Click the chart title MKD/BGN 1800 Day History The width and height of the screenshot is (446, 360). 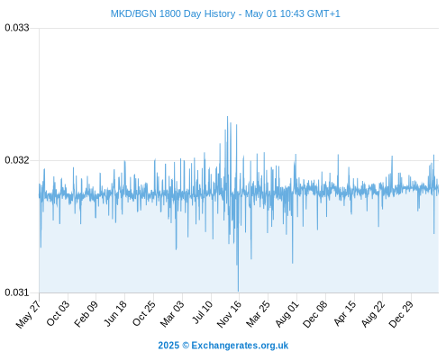(173, 13)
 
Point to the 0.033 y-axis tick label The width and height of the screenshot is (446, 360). (17, 28)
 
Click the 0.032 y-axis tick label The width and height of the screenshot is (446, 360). (17, 160)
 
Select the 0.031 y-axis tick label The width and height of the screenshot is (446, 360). (17, 292)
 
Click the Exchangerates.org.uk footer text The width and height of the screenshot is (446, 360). (240, 346)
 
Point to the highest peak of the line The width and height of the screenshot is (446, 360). (227, 116)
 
